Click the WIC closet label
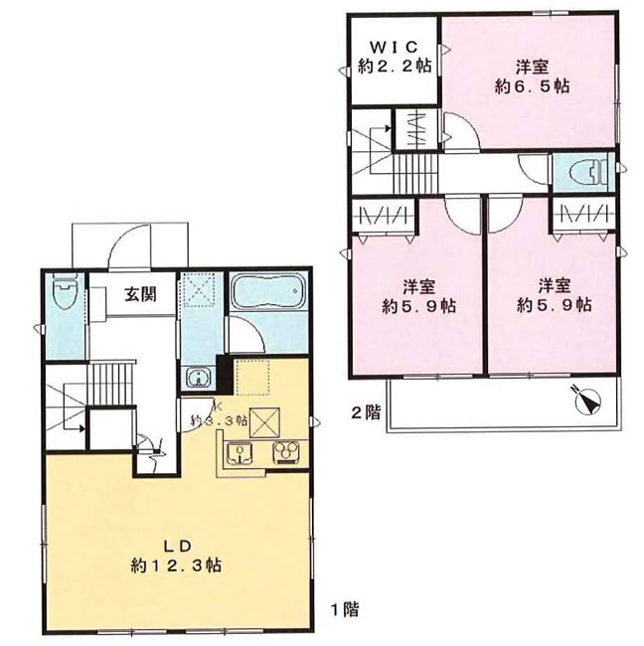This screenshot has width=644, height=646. (394, 47)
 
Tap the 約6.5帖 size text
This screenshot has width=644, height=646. (532, 86)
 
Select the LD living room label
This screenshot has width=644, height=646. (178, 546)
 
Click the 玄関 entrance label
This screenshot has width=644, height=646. (140, 294)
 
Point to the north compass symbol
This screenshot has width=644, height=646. (587, 400)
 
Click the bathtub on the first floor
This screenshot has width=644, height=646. (268, 290)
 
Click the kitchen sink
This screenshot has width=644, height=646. (240, 453)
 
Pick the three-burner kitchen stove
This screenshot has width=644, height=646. (285, 452)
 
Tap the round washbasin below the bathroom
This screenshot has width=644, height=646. (200, 377)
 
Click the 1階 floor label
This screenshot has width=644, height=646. (345, 609)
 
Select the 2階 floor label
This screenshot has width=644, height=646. (365, 412)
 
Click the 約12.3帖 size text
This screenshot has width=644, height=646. (176, 565)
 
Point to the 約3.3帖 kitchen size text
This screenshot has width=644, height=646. (219, 420)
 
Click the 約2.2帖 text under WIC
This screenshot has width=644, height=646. (394, 66)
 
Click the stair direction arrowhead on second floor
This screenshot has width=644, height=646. (388, 128)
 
